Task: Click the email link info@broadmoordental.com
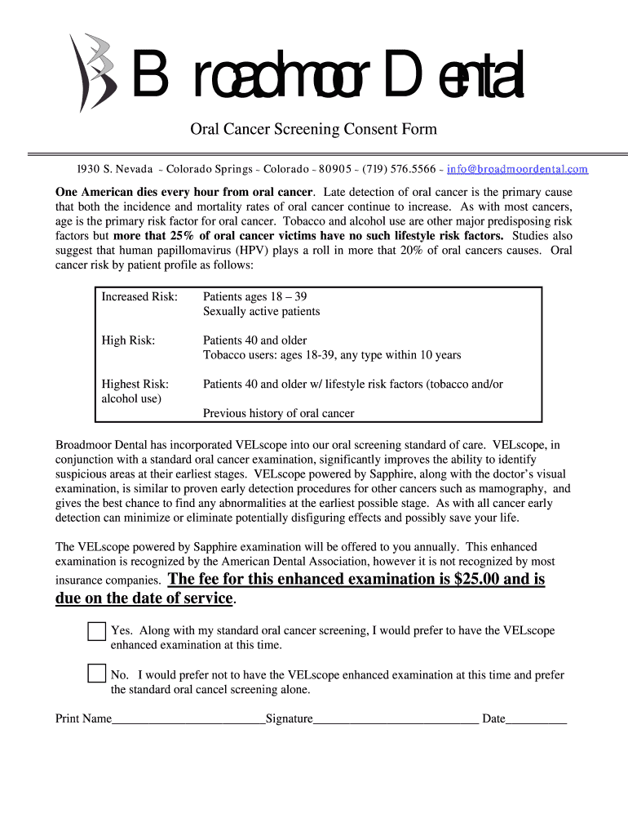point(517,169)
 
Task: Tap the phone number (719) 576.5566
point(399,169)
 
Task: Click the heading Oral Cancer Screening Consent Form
point(313,129)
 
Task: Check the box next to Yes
point(96,631)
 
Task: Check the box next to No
point(96,674)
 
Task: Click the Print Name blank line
point(188,719)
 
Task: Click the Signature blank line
point(396,719)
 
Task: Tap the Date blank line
point(536,719)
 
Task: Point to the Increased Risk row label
point(139,297)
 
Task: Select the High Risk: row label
point(128,340)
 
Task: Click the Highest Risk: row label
point(135,384)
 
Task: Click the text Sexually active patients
point(261,312)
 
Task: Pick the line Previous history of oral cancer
point(278,413)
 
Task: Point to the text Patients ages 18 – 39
point(254,297)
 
